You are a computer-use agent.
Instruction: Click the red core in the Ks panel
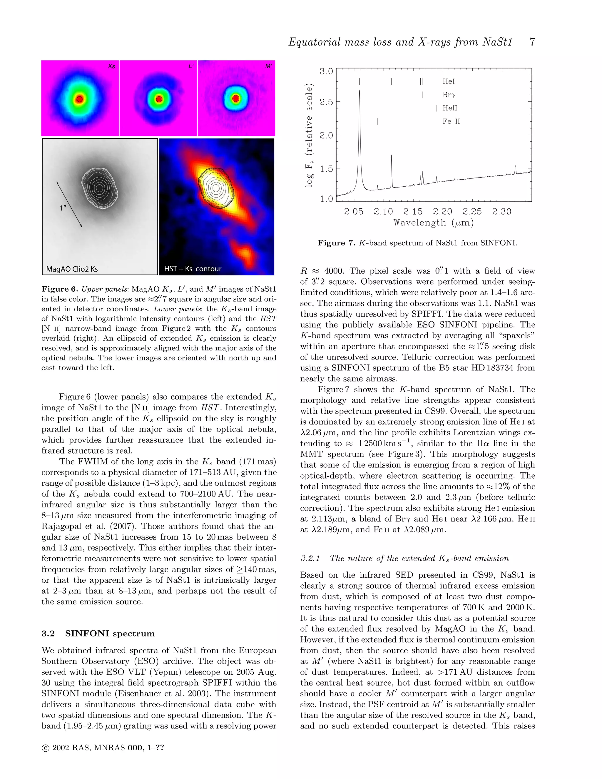tap(80, 99)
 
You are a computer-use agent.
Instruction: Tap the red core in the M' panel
tap(235, 98)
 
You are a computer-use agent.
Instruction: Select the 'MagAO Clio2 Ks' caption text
tap(72, 269)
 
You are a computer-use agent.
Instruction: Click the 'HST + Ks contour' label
tap(193, 269)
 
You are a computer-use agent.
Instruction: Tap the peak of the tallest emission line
tap(359, 91)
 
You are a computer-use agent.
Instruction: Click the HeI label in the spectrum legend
tap(449, 81)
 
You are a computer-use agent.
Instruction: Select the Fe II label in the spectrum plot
tap(451, 122)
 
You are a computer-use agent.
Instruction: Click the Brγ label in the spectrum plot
tap(449, 95)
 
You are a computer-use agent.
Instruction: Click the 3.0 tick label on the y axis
tap(326, 71)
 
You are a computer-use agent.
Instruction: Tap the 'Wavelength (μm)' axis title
tap(434, 223)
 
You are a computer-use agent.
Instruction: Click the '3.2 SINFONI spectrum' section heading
tap(98, 633)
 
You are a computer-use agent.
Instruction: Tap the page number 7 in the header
tap(532, 42)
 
